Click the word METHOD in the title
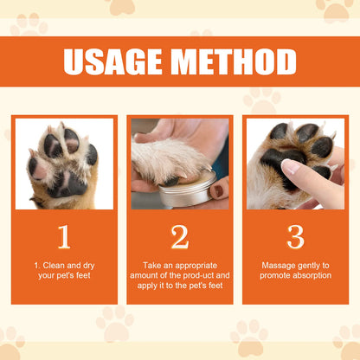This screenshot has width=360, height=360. pos(232,61)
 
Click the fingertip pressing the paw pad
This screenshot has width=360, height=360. pos(289,167)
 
